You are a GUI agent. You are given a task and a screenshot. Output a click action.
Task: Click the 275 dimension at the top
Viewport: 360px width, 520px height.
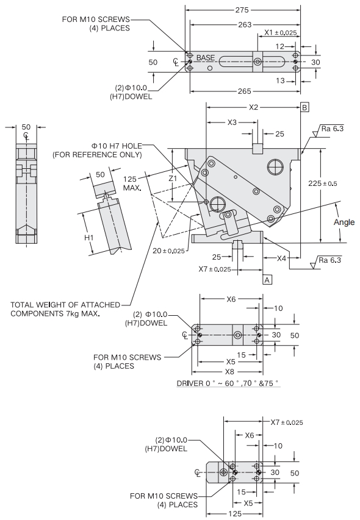pyautogui.click(x=242, y=10)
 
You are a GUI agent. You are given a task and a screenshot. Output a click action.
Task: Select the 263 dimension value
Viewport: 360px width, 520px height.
pyautogui.click(x=245, y=24)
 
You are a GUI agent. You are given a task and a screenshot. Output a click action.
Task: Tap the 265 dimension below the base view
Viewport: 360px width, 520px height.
pyautogui.click(x=244, y=91)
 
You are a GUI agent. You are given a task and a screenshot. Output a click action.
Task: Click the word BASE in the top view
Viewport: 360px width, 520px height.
pyautogui.click(x=206, y=58)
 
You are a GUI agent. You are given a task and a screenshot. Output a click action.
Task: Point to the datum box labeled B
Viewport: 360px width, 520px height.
pyautogui.click(x=304, y=107)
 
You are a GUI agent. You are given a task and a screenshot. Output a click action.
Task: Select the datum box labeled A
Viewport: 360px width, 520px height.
pyautogui.click(x=267, y=280)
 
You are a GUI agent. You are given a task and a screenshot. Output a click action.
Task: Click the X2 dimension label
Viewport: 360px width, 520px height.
pyautogui.click(x=253, y=107)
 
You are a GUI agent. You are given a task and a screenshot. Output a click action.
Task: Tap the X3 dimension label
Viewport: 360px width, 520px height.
pyautogui.click(x=232, y=123)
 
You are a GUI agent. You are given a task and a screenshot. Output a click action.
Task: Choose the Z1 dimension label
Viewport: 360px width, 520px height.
pyautogui.click(x=173, y=179)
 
